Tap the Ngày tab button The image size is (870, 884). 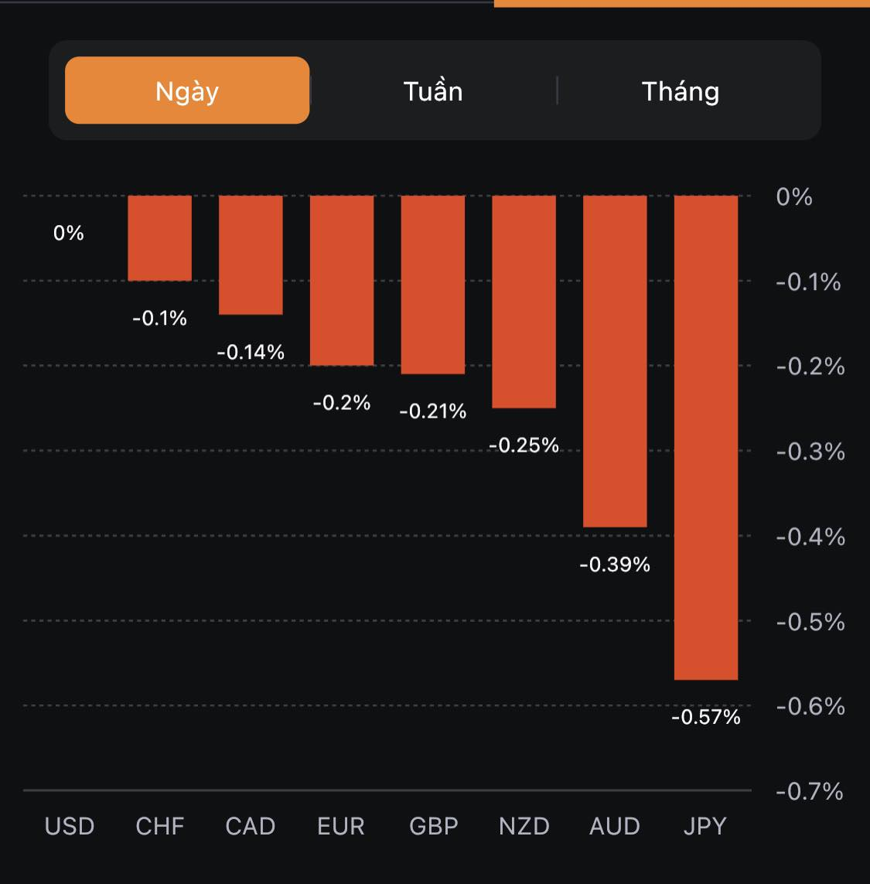point(187,90)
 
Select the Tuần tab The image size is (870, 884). point(433,91)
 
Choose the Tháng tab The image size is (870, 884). point(681,91)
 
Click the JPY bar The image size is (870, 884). point(705,437)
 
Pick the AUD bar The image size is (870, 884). point(615,361)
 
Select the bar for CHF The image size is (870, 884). point(159,238)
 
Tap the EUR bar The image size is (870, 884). point(342,280)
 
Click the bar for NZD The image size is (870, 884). point(524,302)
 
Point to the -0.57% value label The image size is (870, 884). point(705,718)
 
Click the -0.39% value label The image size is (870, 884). point(615,565)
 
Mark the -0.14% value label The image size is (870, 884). point(251,353)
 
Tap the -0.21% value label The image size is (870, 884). point(433,411)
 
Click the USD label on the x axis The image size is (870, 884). point(70,826)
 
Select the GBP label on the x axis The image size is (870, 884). point(433,826)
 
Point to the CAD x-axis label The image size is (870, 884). point(251,826)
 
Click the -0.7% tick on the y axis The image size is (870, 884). point(810,791)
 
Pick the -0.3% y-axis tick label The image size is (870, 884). point(810,452)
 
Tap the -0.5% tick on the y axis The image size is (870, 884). point(810,622)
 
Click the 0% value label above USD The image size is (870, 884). point(69,233)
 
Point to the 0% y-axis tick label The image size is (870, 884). point(794,197)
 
